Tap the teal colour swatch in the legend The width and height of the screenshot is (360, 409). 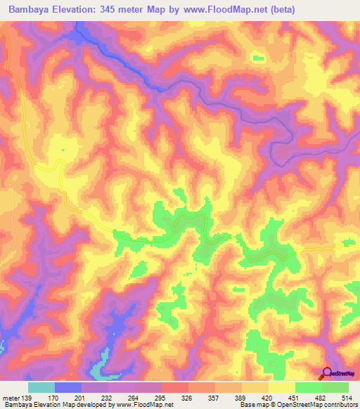tap(41, 387)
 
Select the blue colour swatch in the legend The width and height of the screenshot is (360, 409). tap(68, 387)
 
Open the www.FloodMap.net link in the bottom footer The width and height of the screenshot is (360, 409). tap(144, 405)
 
